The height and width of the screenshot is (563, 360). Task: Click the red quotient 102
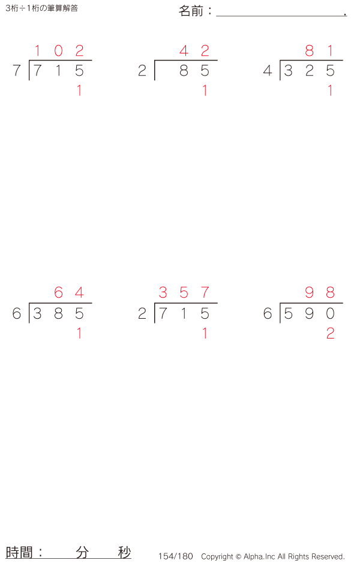click(58, 51)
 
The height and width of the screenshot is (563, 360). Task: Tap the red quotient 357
click(184, 293)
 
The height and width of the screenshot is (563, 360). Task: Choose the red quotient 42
click(194, 51)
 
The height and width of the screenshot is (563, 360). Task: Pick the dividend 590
click(309, 313)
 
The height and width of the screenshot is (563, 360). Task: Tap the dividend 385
click(58, 313)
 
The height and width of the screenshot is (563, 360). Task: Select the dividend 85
click(194, 71)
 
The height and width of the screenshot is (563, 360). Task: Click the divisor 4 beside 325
click(268, 71)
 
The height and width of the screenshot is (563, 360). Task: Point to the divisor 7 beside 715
click(17, 71)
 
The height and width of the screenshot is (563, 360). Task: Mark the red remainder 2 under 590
click(330, 334)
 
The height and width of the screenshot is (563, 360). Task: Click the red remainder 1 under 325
click(330, 91)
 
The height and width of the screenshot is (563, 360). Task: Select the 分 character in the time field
click(82, 553)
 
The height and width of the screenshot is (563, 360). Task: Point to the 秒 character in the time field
click(124, 553)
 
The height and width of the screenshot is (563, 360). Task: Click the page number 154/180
click(176, 556)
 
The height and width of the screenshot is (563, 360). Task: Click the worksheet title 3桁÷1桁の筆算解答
click(41, 8)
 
